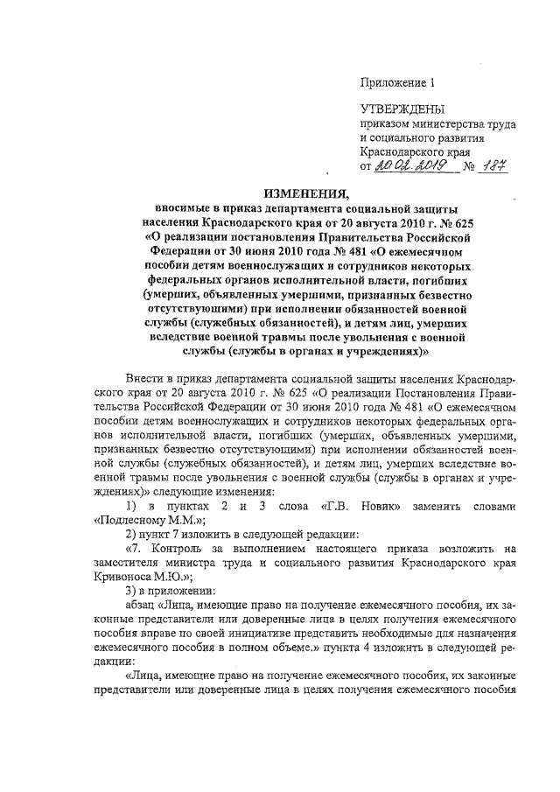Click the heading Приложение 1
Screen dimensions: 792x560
click(397, 84)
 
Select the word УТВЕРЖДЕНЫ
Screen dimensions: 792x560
click(402, 109)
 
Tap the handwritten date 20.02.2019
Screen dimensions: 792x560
click(409, 165)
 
